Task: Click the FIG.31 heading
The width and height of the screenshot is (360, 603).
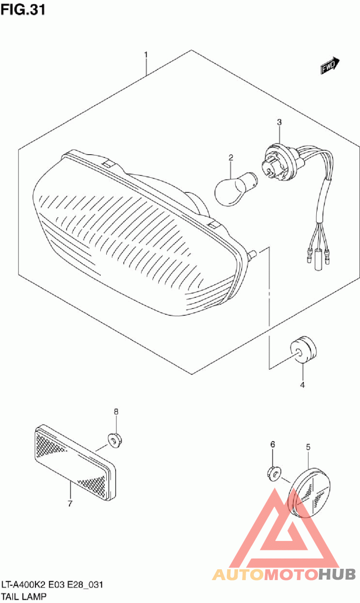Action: point(23,10)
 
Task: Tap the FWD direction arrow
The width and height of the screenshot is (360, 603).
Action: point(330,65)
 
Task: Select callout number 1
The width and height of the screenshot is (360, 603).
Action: point(146,55)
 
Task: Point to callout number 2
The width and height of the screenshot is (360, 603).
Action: point(231,157)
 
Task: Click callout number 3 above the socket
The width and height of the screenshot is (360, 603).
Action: point(279,122)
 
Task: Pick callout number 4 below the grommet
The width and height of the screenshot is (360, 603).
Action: point(302,385)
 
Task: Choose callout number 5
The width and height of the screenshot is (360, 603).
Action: point(308,447)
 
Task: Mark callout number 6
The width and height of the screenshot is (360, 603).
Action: point(273,444)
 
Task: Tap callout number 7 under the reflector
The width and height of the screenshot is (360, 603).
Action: point(70,503)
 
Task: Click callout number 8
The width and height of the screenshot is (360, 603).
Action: point(116,411)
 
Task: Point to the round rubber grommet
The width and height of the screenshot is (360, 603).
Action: point(303,349)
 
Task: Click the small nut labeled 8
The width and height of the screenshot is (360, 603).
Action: point(115,440)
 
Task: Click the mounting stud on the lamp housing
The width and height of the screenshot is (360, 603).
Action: point(252,254)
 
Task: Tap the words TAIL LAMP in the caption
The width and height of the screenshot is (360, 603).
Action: point(24,596)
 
